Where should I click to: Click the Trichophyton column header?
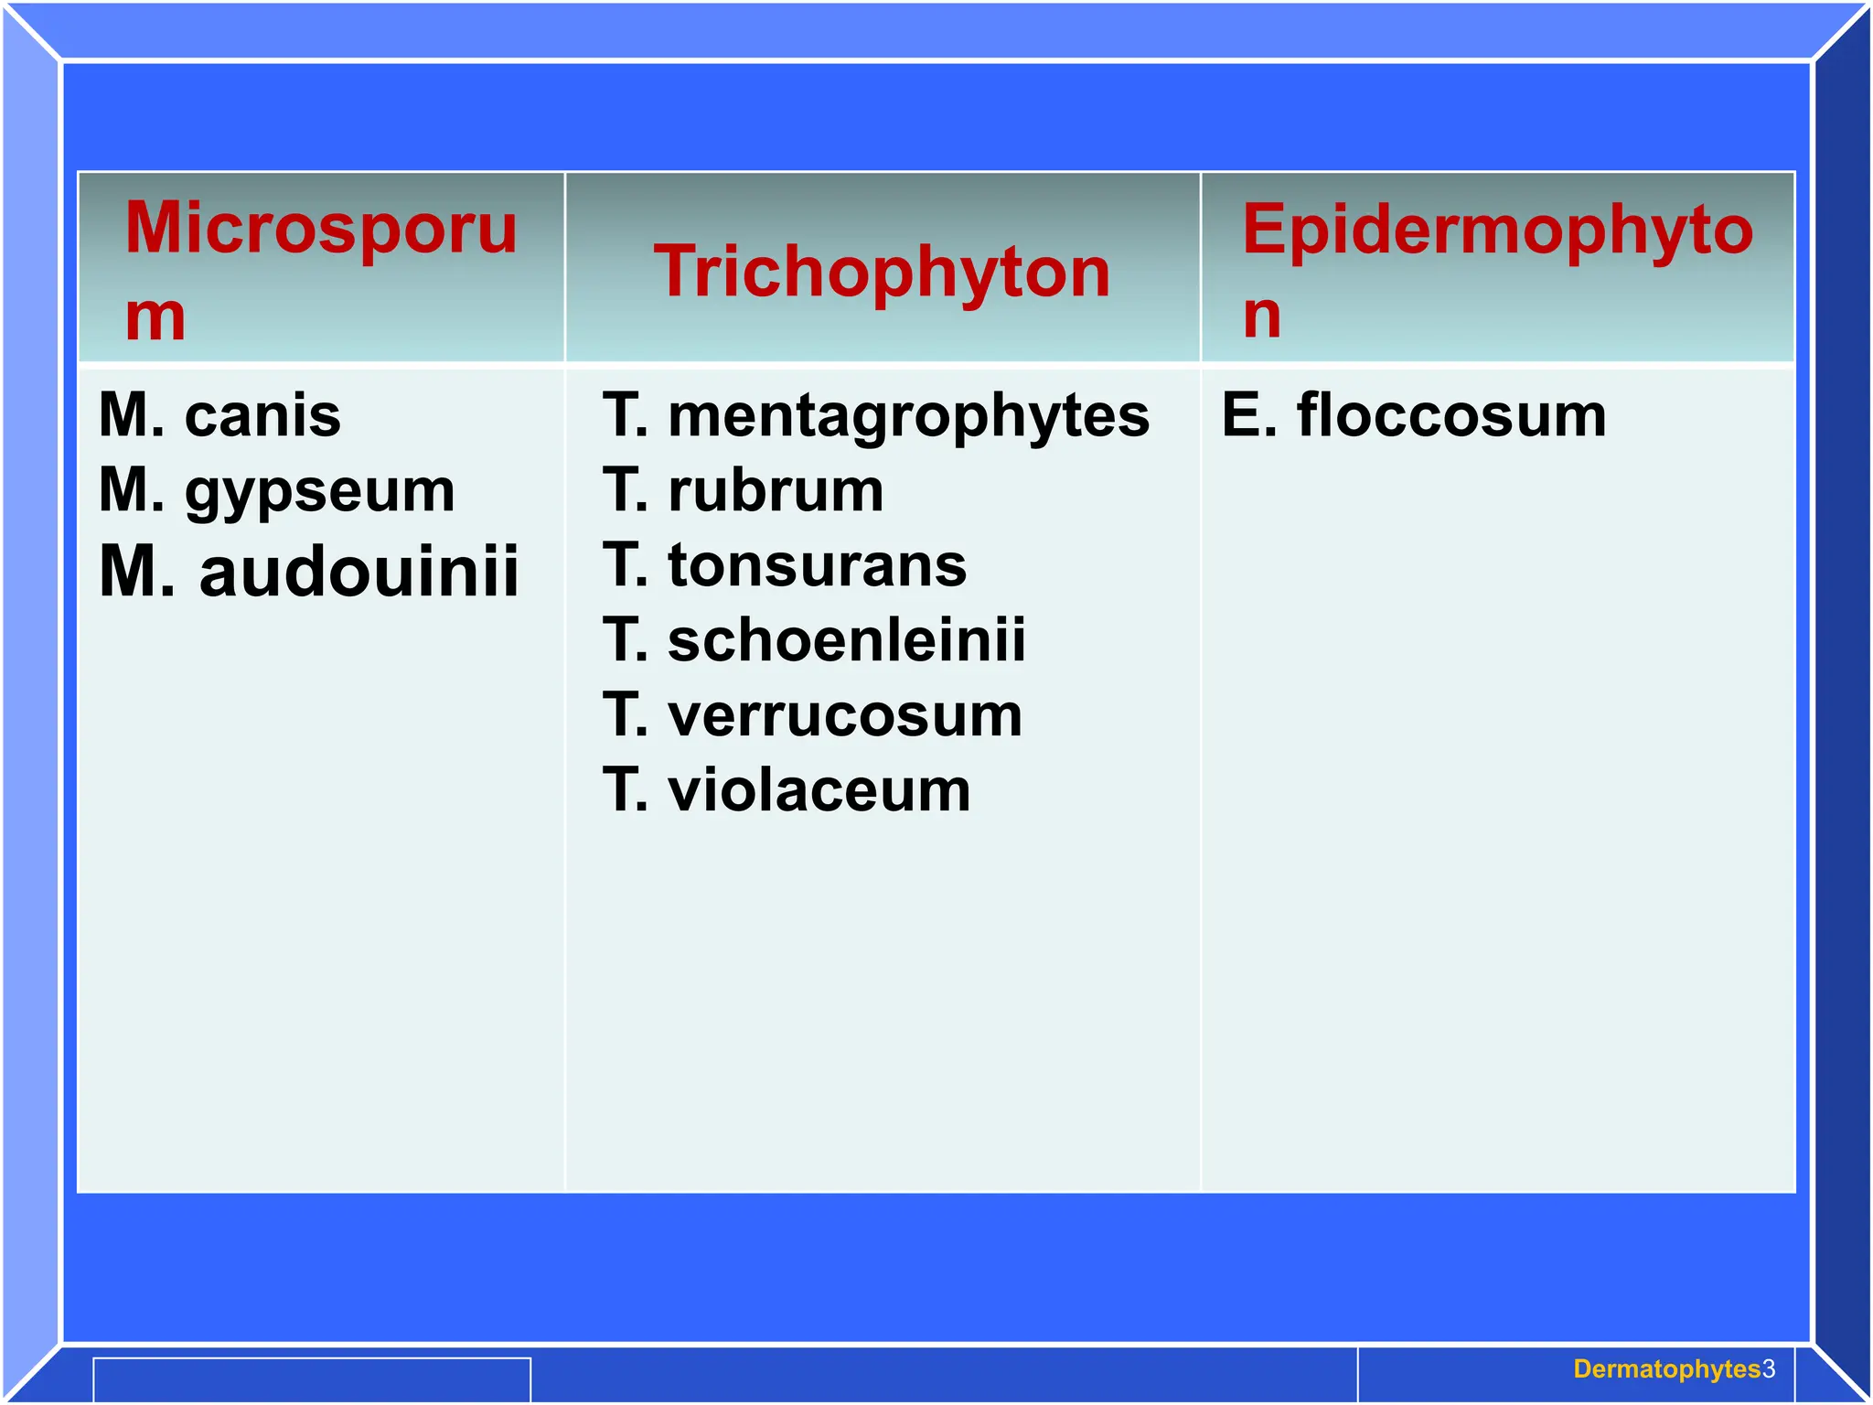[882, 272]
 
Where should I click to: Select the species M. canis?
[219, 415]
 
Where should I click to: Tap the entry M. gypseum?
[276, 490]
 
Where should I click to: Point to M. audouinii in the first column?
[309, 571]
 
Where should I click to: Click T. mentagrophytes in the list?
[875, 415]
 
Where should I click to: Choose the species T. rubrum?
[743, 490]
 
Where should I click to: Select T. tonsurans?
[784, 564]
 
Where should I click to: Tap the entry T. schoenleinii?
[814, 639]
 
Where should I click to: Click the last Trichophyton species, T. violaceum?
[787, 789]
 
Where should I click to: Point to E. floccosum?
[1413, 415]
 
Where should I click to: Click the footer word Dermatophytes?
[1666, 1369]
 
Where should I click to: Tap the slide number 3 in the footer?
[1769, 1369]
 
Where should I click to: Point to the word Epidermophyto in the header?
[1497, 230]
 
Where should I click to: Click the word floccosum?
[1450, 415]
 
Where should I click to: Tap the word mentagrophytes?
[908, 415]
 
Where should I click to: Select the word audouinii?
[359, 571]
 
